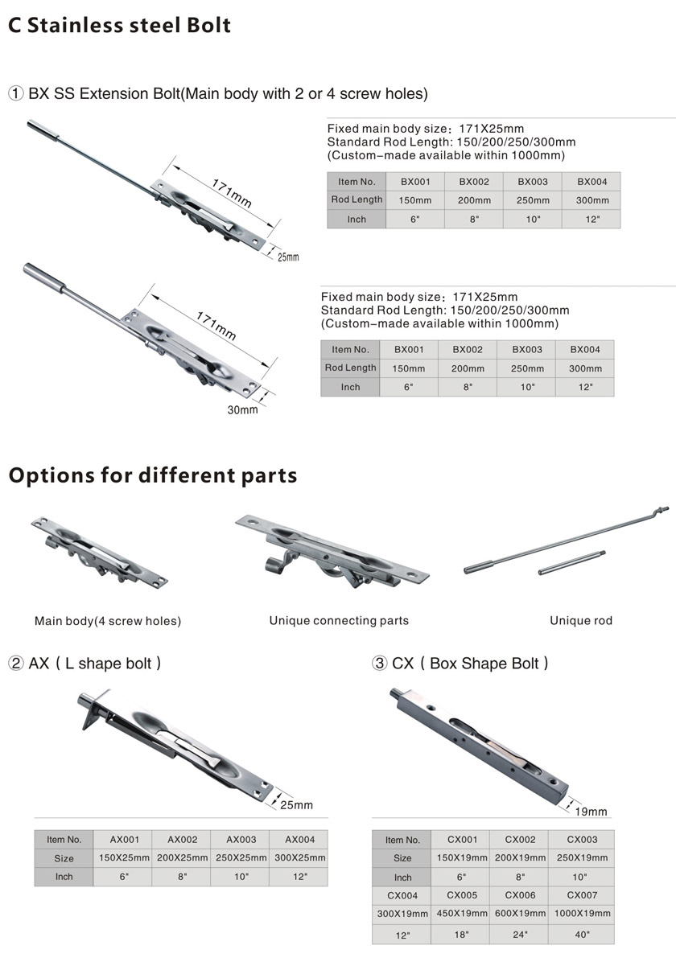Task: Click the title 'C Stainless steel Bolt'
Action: (120, 26)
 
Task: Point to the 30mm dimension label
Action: (242, 410)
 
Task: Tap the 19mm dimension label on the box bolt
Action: (591, 812)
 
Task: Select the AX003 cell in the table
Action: (241, 839)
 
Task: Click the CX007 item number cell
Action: (582, 895)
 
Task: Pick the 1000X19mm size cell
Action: (582, 914)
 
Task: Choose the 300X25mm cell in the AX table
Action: (299, 857)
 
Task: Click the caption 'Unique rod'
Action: (581, 621)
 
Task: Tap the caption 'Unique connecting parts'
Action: (339, 621)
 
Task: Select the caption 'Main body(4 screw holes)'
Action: (108, 622)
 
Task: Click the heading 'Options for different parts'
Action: (153, 476)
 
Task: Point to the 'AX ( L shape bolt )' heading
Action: (84, 664)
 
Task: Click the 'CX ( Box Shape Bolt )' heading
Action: (460, 664)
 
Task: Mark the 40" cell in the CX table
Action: (582, 935)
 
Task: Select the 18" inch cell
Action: (462, 935)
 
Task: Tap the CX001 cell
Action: (462, 839)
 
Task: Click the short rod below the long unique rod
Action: (571, 562)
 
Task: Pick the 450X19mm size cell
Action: (462, 914)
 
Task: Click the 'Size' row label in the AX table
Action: (64, 858)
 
